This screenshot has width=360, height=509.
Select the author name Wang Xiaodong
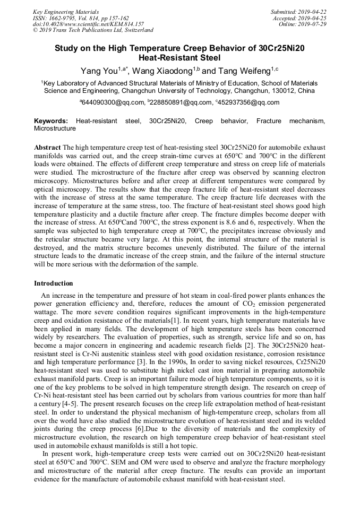(161, 71)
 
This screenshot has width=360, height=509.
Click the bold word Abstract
(47, 146)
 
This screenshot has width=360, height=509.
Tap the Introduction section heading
(54, 283)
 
